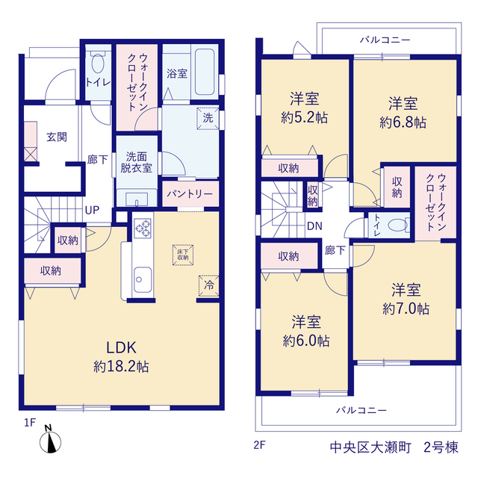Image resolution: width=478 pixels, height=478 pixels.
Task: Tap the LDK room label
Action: click(121, 347)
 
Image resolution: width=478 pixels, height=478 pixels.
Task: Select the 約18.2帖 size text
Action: click(121, 366)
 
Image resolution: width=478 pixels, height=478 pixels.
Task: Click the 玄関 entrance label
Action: click(57, 137)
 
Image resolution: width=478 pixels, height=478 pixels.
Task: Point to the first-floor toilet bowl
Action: click(98, 63)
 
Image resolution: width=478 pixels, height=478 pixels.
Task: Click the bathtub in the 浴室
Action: click(205, 72)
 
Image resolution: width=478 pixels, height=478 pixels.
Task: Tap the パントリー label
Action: click(190, 194)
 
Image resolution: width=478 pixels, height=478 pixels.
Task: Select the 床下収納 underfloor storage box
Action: click(183, 255)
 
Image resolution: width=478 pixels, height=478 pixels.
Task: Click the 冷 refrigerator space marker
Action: click(209, 285)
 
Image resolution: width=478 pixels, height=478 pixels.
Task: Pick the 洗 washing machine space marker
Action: click(208, 118)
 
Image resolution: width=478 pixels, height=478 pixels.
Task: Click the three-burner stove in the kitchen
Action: click(143, 229)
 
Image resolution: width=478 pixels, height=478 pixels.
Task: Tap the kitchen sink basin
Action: click(143, 279)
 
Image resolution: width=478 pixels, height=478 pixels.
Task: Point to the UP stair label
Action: click(92, 210)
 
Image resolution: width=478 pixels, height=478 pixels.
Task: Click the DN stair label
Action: click(314, 226)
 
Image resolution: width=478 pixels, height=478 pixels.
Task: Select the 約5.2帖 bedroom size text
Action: click(304, 117)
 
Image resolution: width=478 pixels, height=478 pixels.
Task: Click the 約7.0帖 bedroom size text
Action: click(406, 308)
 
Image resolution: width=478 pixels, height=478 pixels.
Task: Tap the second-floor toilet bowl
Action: click(398, 226)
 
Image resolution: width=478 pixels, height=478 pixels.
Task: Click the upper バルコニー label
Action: click(385, 40)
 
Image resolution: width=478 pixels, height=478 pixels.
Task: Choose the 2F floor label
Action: click(259, 445)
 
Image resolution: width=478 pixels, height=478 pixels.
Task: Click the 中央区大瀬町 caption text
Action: click(370, 447)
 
